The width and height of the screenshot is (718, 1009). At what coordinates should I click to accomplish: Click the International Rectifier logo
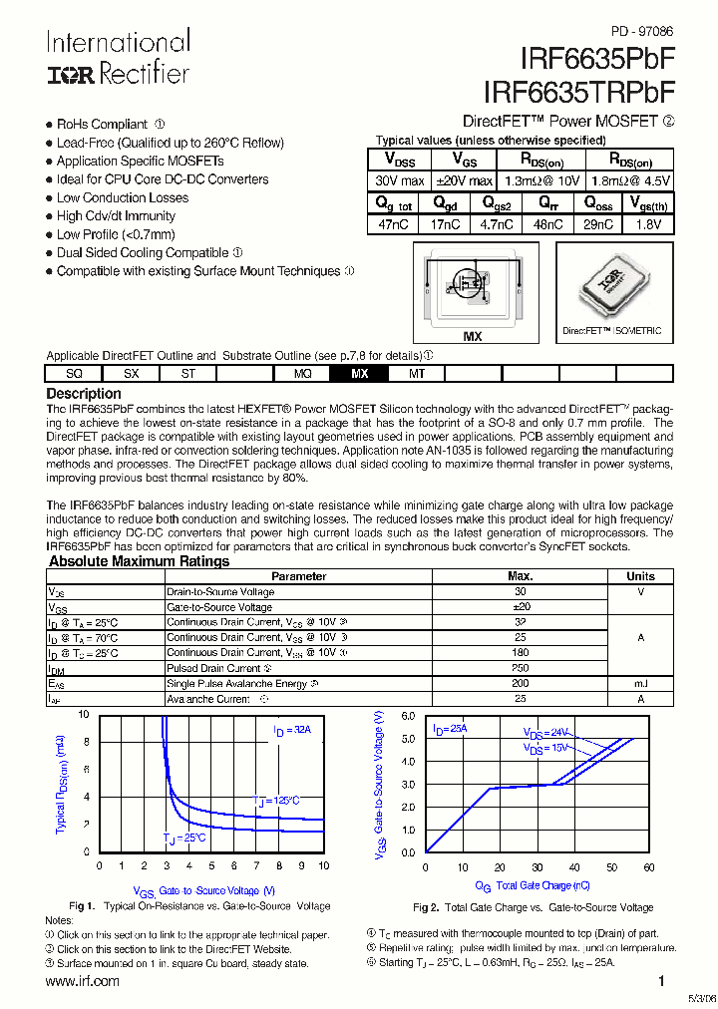[117, 58]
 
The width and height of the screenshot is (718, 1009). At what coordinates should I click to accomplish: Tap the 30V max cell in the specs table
[399, 181]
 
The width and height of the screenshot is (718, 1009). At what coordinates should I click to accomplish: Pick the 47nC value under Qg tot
[393, 225]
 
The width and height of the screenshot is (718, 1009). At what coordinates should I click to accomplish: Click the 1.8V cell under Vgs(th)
[647, 225]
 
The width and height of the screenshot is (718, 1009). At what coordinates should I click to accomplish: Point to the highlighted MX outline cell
[360, 374]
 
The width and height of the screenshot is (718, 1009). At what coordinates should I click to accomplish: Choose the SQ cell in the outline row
[74, 374]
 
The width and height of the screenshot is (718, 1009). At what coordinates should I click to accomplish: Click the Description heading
[84, 394]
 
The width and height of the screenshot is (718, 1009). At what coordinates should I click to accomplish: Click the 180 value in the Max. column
[520, 653]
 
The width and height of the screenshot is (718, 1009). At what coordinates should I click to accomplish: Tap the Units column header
[640, 576]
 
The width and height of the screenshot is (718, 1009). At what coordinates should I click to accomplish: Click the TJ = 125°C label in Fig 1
[274, 801]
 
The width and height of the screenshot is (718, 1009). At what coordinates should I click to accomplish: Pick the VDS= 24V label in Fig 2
[546, 732]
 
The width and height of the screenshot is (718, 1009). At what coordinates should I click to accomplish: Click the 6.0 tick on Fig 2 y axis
[408, 716]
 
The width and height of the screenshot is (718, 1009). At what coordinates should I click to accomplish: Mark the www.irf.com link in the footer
[83, 981]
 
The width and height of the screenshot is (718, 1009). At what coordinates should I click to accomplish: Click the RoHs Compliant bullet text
[102, 125]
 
